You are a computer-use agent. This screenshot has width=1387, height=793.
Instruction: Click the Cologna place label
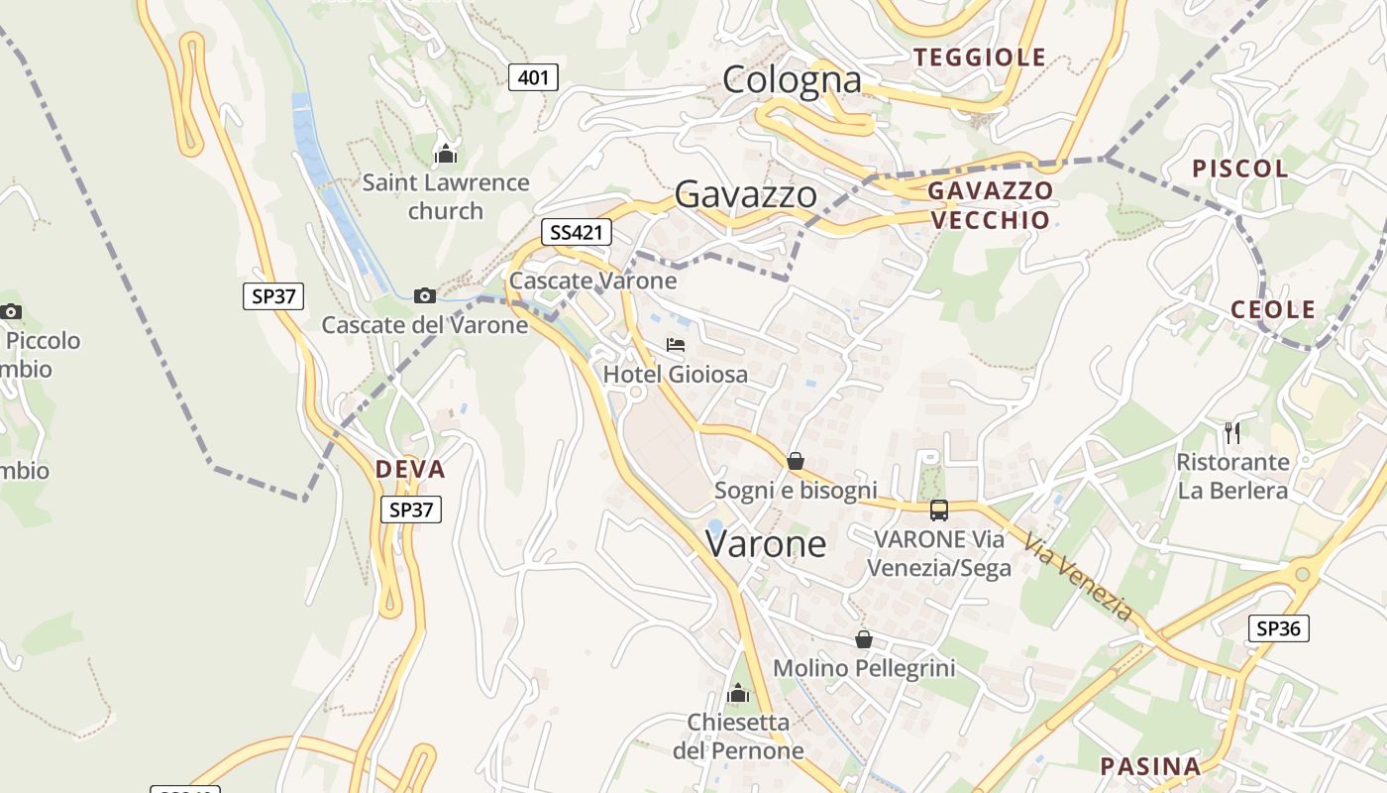pyautogui.click(x=792, y=79)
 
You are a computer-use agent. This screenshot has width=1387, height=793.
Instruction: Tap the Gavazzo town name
pyautogui.click(x=746, y=194)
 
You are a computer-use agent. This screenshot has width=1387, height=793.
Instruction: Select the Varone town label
pyautogui.click(x=766, y=543)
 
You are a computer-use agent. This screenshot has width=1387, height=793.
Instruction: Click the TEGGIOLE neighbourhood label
pyautogui.click(x=980, y=57)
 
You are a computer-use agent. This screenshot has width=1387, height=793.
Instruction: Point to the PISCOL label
pyautogui.click(x=1240, y=169)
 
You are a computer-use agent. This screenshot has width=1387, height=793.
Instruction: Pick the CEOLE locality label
pyautogui.click(x=1273, y=309)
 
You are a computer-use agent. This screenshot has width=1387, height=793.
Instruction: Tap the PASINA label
pyautogui.click(x=1150, y=766)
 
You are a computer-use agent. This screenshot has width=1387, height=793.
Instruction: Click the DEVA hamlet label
pyautogui.click(x=410, y=469)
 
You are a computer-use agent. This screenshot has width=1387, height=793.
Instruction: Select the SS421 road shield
pyautogui.click(x=576, y=233)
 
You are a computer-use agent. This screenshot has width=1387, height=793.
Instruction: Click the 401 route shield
pyautogui.click(x=533, y=77)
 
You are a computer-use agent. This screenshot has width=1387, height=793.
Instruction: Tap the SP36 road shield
pyautogui.click(x=1278, y=627)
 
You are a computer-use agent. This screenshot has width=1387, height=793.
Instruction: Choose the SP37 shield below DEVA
pyautogui.click(x=411, y=510)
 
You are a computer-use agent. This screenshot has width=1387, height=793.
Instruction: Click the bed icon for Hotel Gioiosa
pyautogui.click(x=676, y=345)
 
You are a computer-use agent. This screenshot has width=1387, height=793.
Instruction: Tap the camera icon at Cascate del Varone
pyautogui.click(x=424, y=295)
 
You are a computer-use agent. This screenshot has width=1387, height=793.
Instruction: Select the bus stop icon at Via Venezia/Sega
pyautogui.click(x=938, y=510)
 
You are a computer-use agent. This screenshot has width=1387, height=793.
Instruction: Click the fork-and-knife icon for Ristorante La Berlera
pyautogui.click(x=1231, y=432)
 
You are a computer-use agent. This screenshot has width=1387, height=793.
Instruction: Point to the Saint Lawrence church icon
pyautogui.click(x=446, y=154)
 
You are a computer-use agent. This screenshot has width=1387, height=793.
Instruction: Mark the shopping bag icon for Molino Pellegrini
pyautogui.click(x=864, y=639)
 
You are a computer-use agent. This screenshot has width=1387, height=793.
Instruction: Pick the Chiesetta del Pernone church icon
pyautogui.click(x=738, y=693)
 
